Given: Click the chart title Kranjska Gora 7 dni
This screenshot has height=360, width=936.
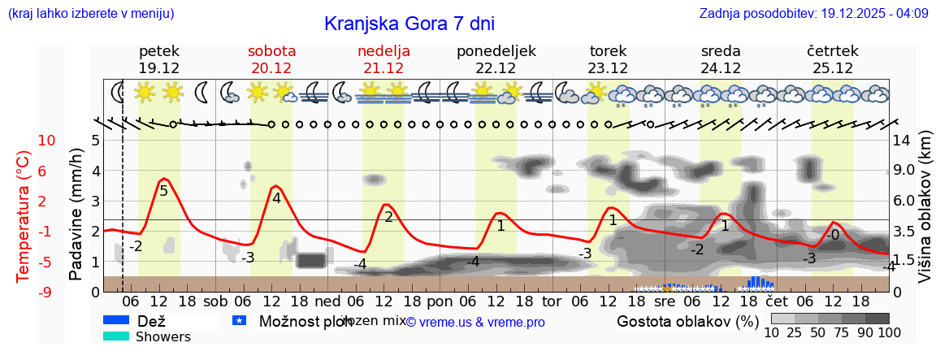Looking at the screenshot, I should tap(409, 24).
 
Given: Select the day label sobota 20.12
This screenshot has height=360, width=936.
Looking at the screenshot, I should tap(271, 59).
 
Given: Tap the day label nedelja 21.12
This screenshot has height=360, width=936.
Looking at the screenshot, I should tap(383, 59).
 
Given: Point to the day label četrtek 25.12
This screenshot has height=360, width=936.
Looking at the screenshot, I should tap(833, 59).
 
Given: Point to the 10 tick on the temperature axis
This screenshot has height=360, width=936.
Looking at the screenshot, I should tap(47, 141).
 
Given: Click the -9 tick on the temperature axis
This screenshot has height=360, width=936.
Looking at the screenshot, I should tap(47, 292).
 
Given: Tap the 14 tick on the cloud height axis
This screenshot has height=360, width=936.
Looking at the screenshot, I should tap(903, 141).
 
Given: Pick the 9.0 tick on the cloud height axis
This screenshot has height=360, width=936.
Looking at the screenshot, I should tap(905, 171).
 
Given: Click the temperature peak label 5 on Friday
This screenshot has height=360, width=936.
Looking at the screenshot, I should tap(163, 191).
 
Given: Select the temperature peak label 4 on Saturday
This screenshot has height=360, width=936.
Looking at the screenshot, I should tap(276, 197).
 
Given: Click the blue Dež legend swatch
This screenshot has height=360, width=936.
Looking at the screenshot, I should tap(116, 321).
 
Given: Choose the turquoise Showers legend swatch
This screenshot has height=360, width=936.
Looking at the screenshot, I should tap(116, 336).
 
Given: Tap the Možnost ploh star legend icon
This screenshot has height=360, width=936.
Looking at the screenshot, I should tap(239, 321).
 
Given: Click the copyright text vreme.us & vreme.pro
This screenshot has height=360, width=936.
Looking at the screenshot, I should tap(475, 323).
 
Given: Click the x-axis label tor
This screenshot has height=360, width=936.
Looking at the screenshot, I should tap(552, 301).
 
